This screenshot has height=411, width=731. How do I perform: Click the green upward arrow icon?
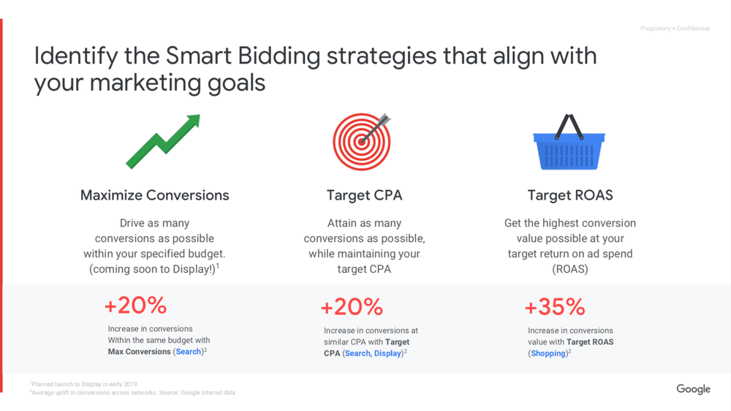tap(163, 140)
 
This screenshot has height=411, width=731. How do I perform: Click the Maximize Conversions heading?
tap(155, 195)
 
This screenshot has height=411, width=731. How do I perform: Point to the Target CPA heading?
tap(364, 195)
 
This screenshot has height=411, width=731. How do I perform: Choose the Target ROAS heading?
tap(570, 195)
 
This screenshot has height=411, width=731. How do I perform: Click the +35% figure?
tap(555, 306)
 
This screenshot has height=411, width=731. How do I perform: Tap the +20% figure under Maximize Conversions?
tap(135, 305)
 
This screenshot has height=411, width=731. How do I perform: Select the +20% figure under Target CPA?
tap(352, 306)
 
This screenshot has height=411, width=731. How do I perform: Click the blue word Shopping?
tap(548, 353)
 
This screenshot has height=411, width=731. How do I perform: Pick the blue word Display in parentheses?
tap(387, 353)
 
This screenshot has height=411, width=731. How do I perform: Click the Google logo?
tap(693, 389)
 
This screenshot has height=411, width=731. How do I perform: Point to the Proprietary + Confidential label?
tap(675, 29)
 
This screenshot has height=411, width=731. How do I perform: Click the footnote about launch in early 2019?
tap(84, 384)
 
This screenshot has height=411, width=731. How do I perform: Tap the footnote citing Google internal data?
tap(134, 393)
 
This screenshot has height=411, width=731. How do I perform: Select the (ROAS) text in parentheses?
tap(569, 269)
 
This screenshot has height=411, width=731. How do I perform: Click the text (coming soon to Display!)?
tap(153, 269)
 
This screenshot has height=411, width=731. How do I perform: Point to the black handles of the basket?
tap(569, 125)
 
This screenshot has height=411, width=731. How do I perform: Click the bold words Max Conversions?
tap(139, 352)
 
